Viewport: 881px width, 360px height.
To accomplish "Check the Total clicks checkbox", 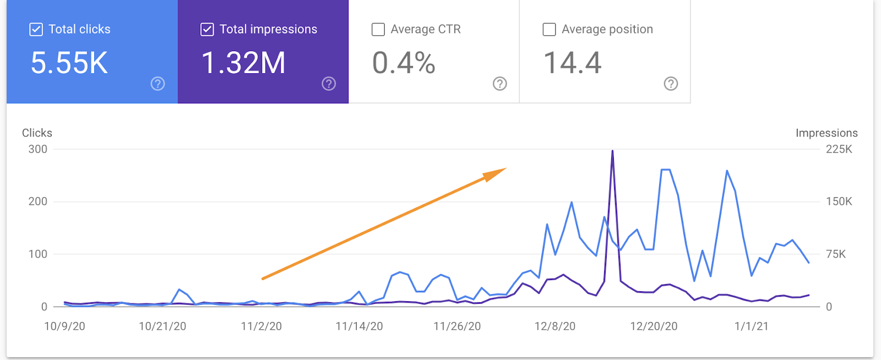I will (36, 29).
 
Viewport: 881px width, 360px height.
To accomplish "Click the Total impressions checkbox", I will (207, 29).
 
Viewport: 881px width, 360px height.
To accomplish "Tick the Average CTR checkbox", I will (378, 29).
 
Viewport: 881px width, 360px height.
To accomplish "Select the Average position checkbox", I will (549, 29).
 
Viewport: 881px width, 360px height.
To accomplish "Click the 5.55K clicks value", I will (69, 63).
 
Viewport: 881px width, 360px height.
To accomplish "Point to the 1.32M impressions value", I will (243, 63).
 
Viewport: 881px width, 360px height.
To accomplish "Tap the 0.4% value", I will (404, 63).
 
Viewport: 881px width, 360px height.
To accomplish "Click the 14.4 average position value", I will (572, 63).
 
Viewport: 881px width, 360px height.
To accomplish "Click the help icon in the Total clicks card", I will (158, 84).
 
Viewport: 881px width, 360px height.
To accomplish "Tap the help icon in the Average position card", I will (671, 84).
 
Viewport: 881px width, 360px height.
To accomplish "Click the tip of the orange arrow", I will (505, 169).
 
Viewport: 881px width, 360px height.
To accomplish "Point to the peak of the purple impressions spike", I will (612, 151).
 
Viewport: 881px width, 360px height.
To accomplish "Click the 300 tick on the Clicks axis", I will (38, 149).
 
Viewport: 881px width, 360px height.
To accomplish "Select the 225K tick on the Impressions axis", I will (839, 149).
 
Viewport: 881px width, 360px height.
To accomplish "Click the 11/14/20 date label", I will (359, 326).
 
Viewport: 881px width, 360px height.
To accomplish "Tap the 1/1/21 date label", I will (751, 326).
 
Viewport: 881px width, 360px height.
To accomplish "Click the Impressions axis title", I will (826, 133).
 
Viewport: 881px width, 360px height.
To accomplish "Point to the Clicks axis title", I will (37, 133).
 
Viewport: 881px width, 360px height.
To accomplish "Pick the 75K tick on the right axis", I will (835, 254).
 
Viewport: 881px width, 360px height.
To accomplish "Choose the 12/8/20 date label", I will (554, 326).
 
